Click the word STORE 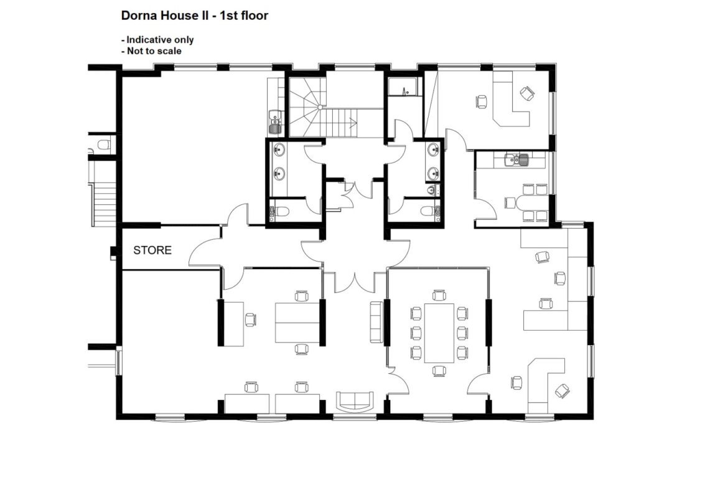152,250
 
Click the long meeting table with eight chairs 439,333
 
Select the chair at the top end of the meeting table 439,295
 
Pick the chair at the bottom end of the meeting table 439,371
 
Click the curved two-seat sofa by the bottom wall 355,401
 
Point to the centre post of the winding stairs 320,107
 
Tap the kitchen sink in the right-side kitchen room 516,159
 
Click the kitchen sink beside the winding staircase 274,121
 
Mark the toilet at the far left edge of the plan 103,144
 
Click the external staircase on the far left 103,204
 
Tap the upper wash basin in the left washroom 279,150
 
